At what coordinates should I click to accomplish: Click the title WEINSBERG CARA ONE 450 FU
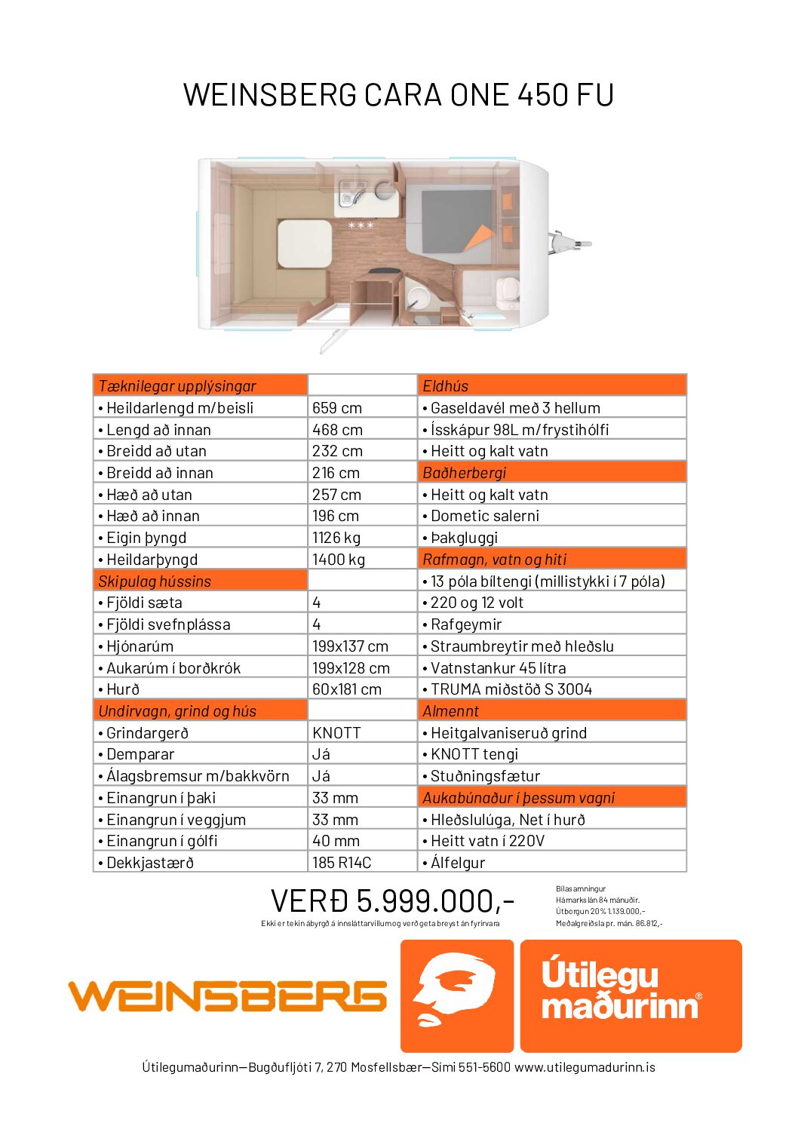(398, 95)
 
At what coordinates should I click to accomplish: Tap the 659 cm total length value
(337, 408)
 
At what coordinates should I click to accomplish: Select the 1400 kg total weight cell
(339, 560)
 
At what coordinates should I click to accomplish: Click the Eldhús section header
(446, 386)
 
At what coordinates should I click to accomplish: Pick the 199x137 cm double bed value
(350, 646)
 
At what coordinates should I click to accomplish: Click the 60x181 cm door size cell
(347, 689)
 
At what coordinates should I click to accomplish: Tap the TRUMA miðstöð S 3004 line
(511, 689)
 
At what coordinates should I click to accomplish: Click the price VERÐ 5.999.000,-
(392, 901)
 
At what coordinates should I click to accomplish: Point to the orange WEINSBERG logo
(227, 996)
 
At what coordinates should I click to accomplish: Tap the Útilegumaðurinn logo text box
(631, 996)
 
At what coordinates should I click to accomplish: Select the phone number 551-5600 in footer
(484, 1067)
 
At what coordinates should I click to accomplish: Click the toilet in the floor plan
(507, 291)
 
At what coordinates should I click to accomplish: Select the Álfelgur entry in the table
(458, 863)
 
